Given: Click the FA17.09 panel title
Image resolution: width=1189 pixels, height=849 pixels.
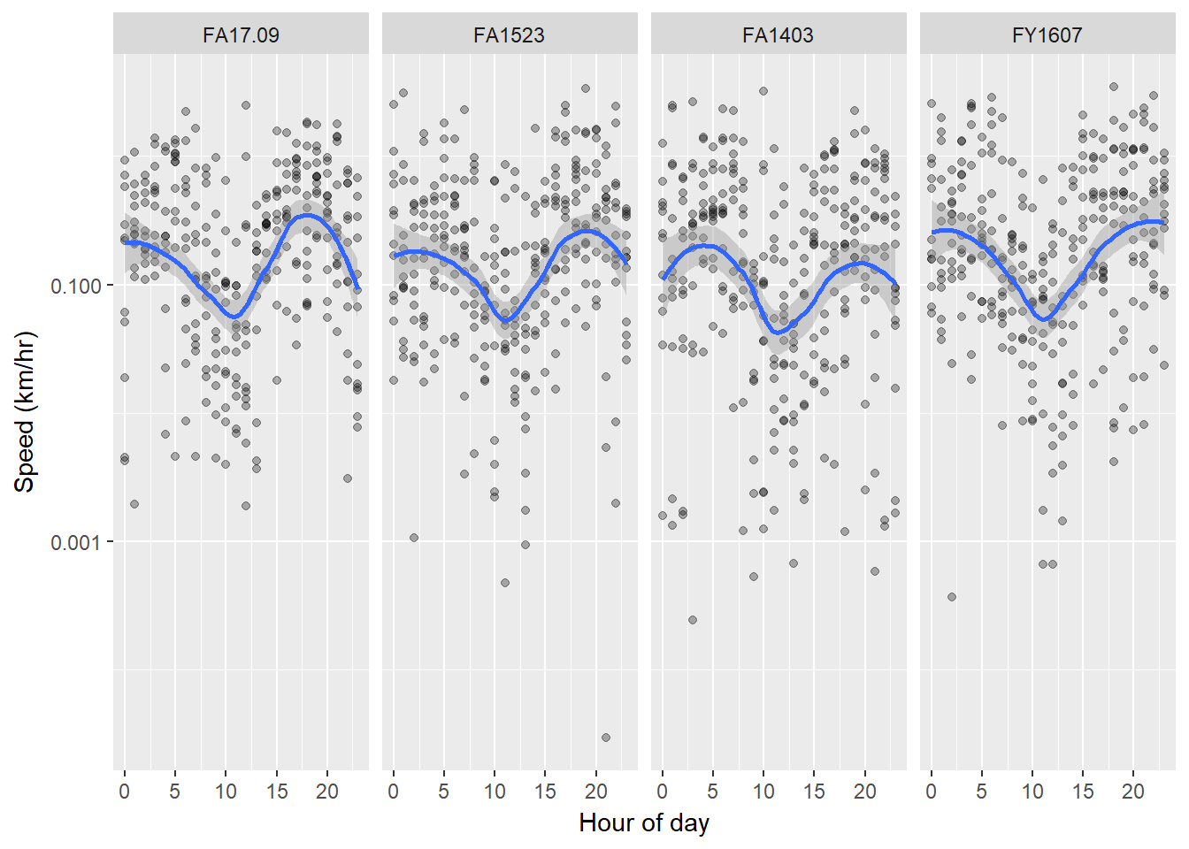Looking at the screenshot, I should [x=241, y=35].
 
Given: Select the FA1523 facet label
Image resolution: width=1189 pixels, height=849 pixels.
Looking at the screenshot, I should [x=509, y=35].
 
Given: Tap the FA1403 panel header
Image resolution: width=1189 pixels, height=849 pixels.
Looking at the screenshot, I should [x=778, y=35].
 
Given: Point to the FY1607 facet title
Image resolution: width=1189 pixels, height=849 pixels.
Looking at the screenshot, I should [x=1047, y=35].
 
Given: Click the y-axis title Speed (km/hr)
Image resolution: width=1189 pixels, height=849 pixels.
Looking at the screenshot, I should [x=25, y=412].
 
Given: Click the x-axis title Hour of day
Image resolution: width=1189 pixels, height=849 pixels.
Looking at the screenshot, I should [x=643, y=823].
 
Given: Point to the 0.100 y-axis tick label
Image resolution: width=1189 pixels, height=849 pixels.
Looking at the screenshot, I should [x=76, y=286].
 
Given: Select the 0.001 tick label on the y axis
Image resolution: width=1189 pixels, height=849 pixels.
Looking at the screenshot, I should [x=76, y=542].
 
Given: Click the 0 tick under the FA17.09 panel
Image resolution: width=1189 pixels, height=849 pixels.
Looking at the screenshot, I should [x=125, y=792].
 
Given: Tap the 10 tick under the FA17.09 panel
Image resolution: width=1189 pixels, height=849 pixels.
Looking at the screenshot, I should [x=226, y=792].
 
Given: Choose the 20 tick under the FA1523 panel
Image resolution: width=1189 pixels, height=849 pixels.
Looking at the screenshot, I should [x=596, y=792].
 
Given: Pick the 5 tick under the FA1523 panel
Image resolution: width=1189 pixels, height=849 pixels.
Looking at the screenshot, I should [x=444, y=792].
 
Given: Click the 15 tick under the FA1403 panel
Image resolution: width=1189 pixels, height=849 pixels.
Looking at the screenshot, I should [x=814, y=792].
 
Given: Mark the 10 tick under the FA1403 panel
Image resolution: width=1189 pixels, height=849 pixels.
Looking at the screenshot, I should [x=763, y=792].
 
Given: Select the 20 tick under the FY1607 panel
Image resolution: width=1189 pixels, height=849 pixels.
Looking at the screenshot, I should [x=1133, y=792].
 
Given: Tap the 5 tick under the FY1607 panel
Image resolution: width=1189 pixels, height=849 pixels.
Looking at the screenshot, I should [x=982, y=792].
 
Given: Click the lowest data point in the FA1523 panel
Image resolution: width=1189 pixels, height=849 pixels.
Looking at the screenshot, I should [x=606, y=738].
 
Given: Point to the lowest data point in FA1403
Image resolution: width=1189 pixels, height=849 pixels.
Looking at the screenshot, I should [x=693, y=620].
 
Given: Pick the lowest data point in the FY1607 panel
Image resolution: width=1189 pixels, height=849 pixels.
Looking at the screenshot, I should [x=952, y=597].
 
